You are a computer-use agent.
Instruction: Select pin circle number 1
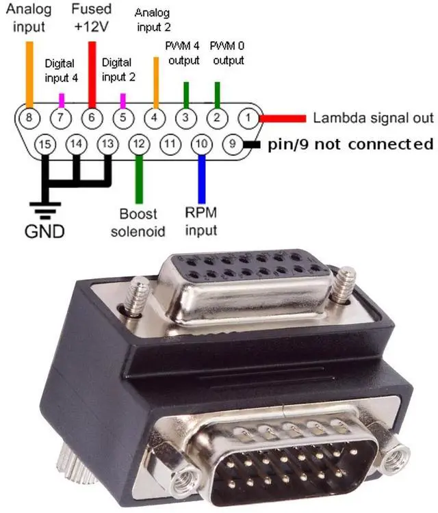click(x=247, y=118)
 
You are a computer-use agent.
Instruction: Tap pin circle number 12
click(x=139, y=144)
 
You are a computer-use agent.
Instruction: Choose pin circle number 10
click(x=201, y=144)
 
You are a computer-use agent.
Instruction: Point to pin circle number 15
click(x=45, y=144)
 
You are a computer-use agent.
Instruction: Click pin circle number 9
click(x=233, y=144)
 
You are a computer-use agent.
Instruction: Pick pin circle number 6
click(x=91, y=118)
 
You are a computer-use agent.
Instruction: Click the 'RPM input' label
click(x=201, y=221)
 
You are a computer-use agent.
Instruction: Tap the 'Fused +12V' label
click(x=91, y=18)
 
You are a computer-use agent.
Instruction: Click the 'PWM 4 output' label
click(x=184, y=53)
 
